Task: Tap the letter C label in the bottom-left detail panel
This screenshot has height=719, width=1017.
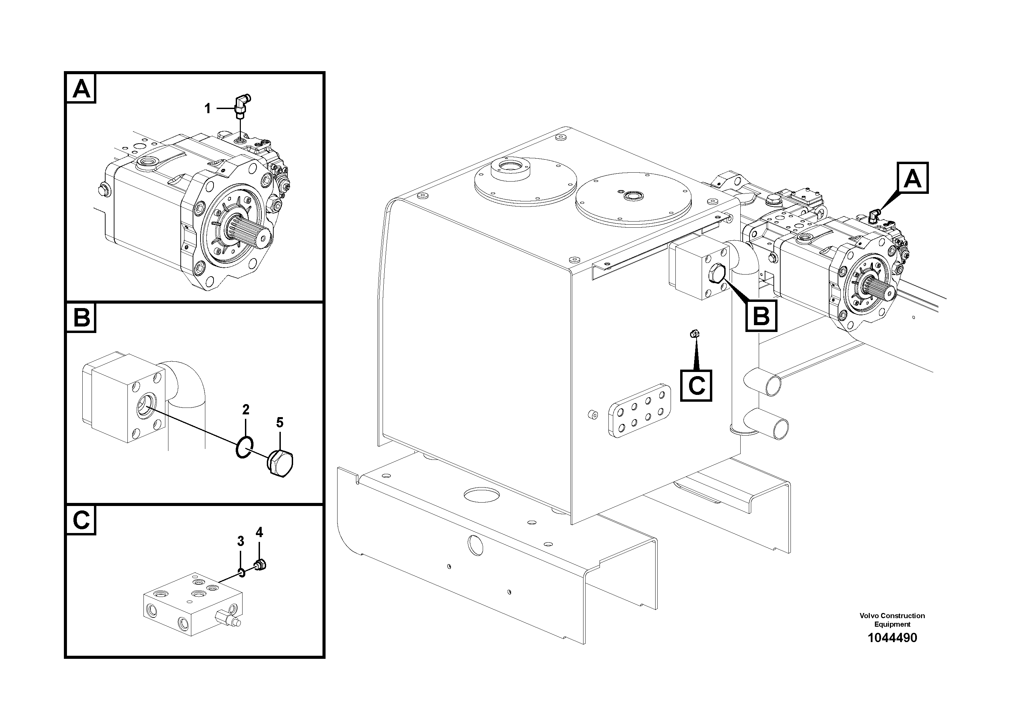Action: click(81, 520)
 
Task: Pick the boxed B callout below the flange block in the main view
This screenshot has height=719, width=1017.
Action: click(761, 316)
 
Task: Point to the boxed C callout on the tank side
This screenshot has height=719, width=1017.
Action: click(696, 385)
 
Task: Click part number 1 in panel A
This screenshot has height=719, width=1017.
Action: click(207, 108)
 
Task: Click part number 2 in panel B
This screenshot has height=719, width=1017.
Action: click(246, 409)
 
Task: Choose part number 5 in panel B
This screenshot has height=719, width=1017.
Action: click(279, 423)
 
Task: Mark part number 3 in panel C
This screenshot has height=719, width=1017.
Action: click(240, 541)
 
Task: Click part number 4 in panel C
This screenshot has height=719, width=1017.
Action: click(259, 532)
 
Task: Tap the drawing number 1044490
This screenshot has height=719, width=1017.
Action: click(892, 638)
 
